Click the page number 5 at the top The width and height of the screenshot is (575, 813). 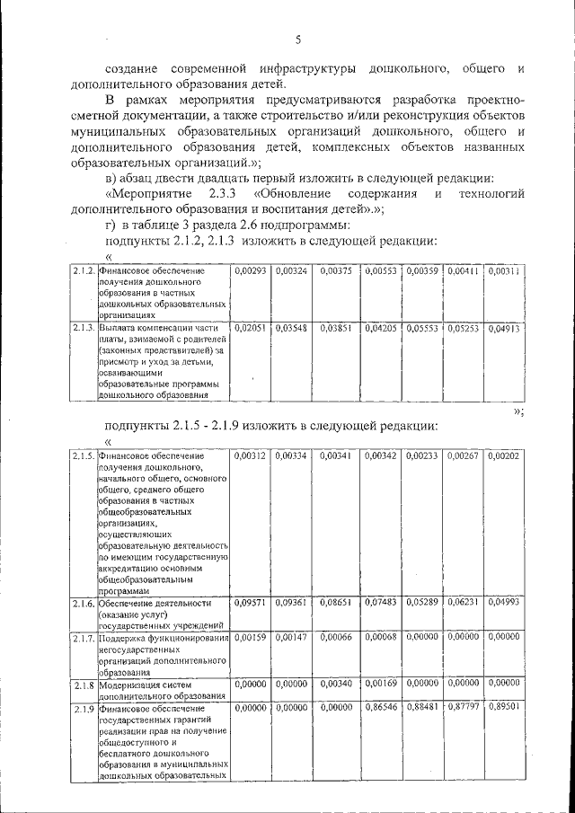click(x=298, y=40)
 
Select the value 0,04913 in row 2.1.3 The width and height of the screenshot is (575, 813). click(x=504, y=329)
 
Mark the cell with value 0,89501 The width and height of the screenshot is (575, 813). click(x=504, y=709)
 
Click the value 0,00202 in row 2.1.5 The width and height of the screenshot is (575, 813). click(x=504, y=456)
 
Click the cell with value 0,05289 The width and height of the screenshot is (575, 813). click(x=421, y=604)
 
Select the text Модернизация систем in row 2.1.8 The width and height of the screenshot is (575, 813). click(x=144, y=684)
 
